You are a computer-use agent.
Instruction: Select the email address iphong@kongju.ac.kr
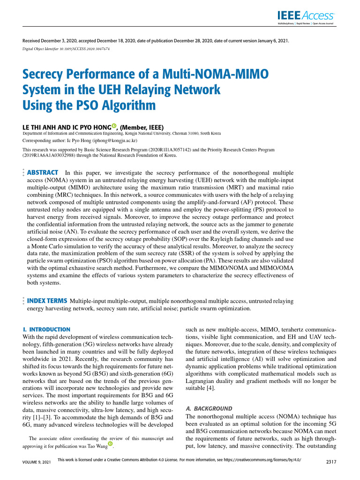click(111, 140)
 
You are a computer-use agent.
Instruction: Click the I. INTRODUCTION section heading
click(46, 330)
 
